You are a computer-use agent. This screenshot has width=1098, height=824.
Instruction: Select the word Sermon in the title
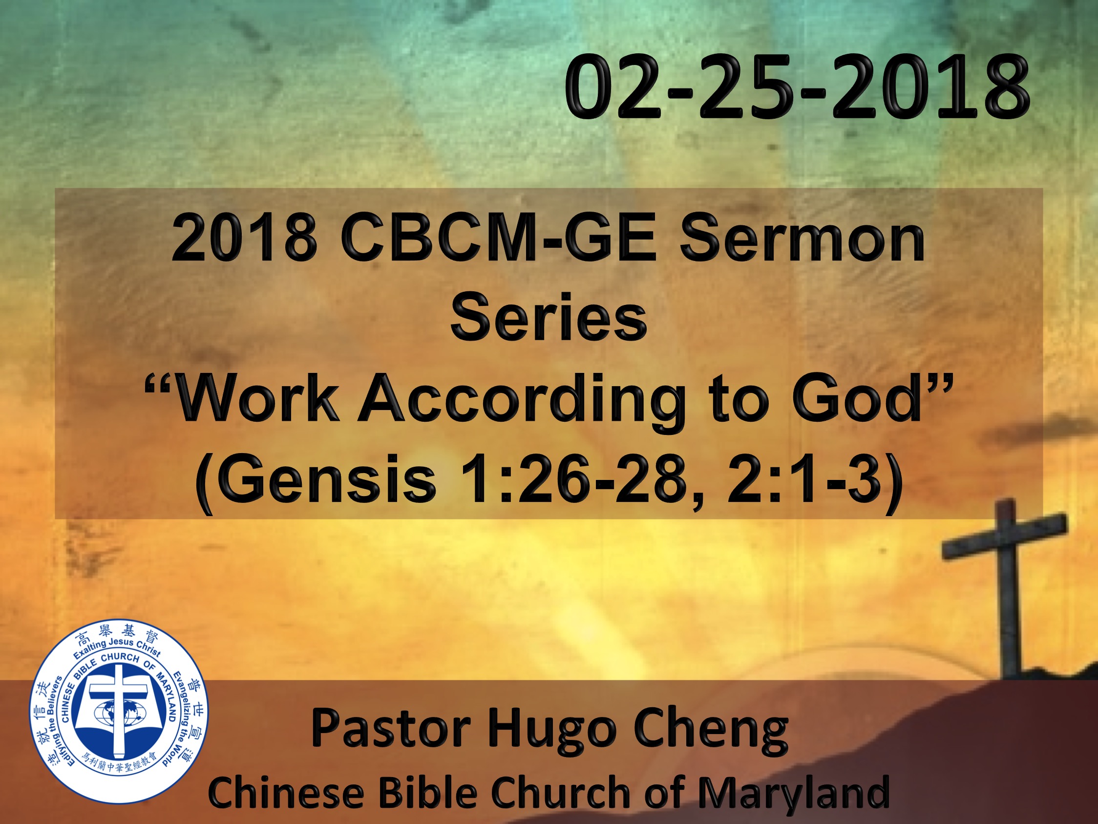[801, 239]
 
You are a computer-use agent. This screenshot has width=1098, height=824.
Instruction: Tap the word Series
[549, 316]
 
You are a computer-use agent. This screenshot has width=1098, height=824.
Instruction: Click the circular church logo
[119, 710]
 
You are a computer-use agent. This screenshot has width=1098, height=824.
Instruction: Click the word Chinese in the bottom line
[285, 791]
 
